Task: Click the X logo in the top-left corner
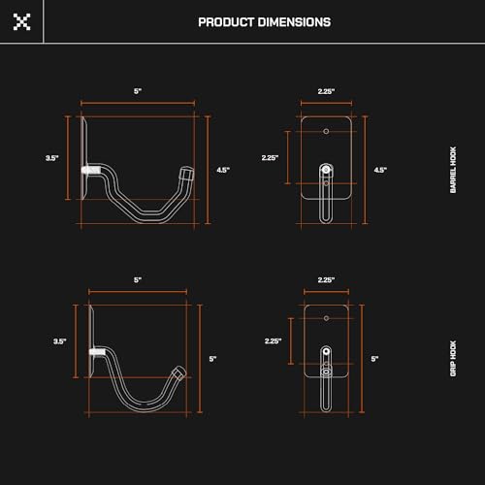[x=21, y=21]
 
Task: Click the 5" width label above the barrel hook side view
[x=138, y=91]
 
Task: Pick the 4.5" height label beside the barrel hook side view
[x=222, y=170]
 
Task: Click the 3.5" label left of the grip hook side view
[x=60, y=340]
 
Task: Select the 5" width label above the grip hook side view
[x=138, y=279]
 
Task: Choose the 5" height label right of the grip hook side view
[x=213, y=359]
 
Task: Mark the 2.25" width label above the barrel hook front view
[x=326, y=91]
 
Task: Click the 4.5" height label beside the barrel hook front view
[x=381, y=170]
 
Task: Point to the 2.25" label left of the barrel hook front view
[x=271, y=156]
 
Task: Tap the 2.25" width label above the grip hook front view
[x=326, y=279]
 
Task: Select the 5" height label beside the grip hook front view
[x=374, y=359]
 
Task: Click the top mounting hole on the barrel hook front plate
[x=327, y=130]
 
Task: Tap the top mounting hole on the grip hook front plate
[x=327, y=317]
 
